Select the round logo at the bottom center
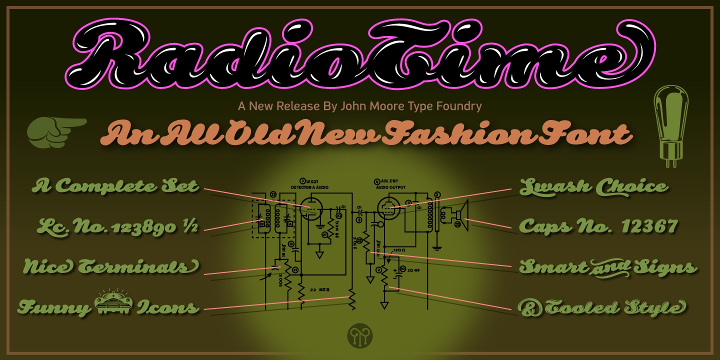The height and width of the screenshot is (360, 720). click(x=360, y=336)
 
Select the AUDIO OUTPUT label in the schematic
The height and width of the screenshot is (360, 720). click(x=390, y=187)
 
